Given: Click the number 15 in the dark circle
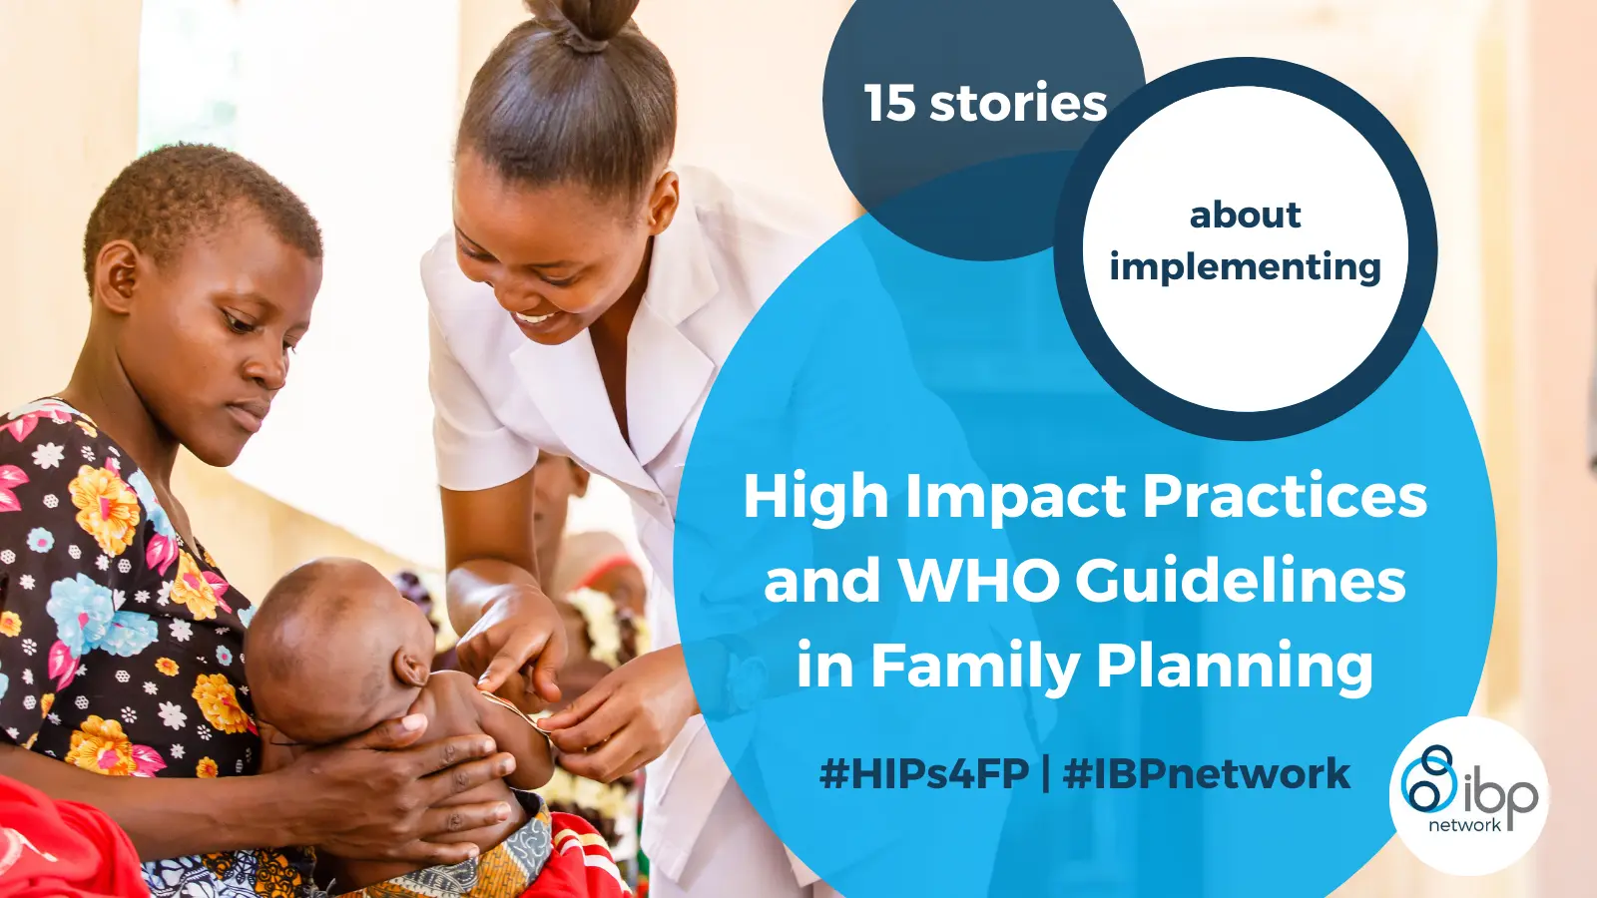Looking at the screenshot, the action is click(890, 103).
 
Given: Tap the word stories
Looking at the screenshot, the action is click(1018, 103).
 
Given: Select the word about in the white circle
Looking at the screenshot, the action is click(1246, 215).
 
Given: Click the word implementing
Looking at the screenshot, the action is click(1246, 267).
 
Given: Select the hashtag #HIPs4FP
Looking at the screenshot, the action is click(924, 774).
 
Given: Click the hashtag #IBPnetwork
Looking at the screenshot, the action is click(1207, 774).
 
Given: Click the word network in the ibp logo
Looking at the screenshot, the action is click(1464, 825).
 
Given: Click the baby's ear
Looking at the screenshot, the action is click(412, 669).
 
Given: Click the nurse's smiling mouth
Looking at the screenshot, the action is click(539, 319).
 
